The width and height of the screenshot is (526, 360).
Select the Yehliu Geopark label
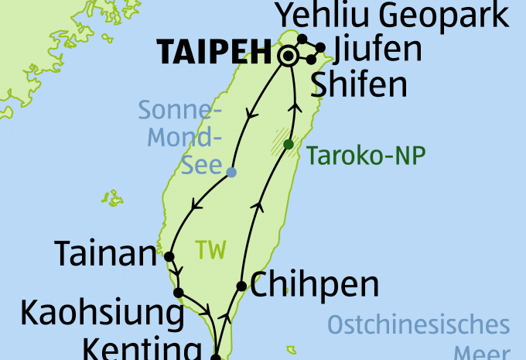pos(393,15)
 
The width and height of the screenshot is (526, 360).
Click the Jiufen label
pos(377,50)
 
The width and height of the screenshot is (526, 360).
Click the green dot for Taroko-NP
pos(289,145)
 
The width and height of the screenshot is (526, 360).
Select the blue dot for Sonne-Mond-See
pos(231,172)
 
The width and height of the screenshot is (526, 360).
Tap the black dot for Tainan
pos(169,256)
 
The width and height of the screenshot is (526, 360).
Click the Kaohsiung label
pos(102,313)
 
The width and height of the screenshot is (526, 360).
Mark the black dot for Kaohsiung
pos(178,293)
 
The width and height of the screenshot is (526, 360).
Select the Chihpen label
pos(315,285)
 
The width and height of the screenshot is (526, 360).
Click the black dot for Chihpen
pos(241,286)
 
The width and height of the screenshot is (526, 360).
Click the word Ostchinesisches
pos(418,325)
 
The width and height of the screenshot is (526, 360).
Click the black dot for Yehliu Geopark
pos(302,39)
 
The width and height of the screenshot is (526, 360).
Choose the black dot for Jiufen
pos(320,47)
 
